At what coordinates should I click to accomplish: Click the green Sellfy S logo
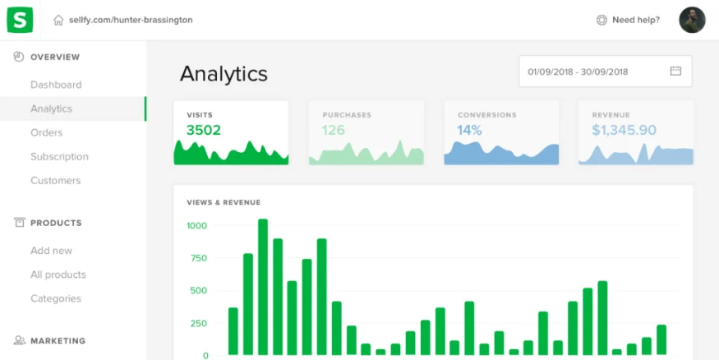click(20, 20)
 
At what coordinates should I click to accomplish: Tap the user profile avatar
click(692, 20)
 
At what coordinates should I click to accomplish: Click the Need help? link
click(635, 20)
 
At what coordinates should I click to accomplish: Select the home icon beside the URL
click(58, 20)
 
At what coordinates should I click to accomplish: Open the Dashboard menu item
click(56, 85)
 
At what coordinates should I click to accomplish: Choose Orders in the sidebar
click(46, 132)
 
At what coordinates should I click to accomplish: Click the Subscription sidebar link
click(59, 156)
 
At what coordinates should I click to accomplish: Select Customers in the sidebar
click(55, 180)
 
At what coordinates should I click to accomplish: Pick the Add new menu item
click(51, 251)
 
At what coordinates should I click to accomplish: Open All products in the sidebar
click(58, 275)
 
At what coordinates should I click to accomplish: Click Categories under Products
click(56, 298)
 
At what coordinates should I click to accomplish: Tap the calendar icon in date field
click(675, 71)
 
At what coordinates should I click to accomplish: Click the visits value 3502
click(204, 130)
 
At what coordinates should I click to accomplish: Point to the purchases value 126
click(334, 130)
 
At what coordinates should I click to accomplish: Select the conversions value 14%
click(470, 130)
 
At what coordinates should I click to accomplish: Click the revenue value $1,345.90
click(624, 130)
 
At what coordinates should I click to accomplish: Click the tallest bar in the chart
click(263, 287)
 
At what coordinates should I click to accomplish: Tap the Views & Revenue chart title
click(224, 202)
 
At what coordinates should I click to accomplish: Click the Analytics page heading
click(224, 73)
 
